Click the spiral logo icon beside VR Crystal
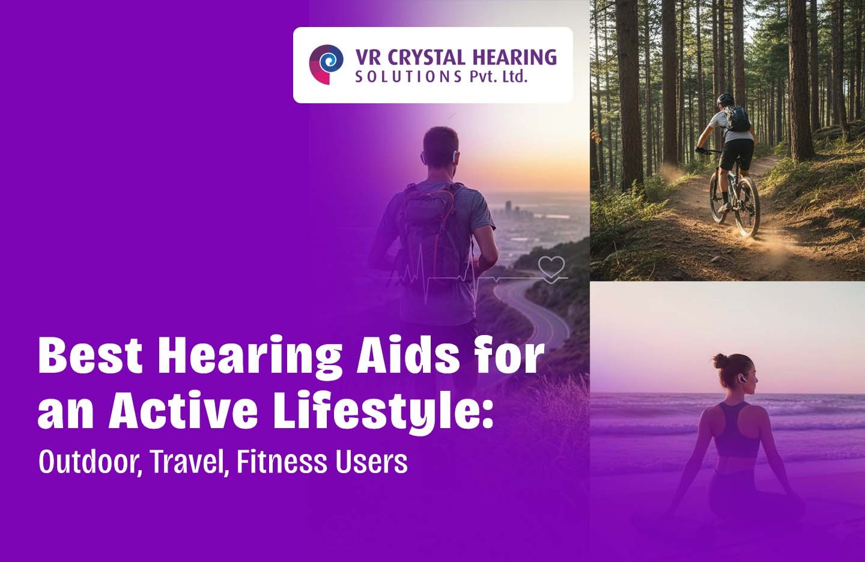(326, 64)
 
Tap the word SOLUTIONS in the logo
(408, 77)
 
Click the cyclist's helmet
(724, 99)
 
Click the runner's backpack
(428, 228)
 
